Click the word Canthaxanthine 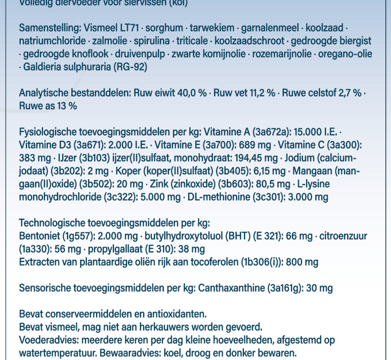(231, 288)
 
